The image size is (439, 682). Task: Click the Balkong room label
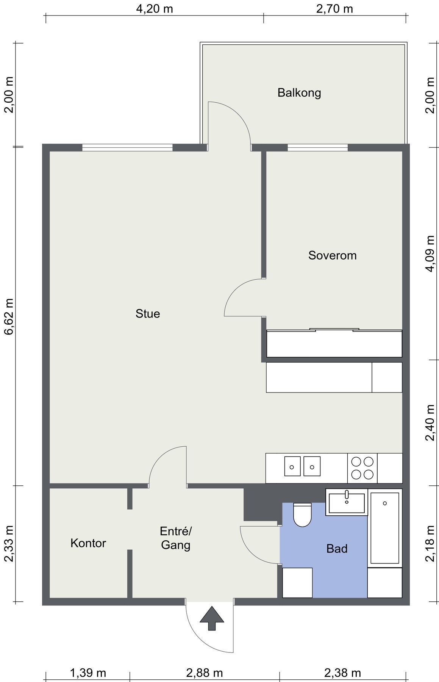tap(299, 93)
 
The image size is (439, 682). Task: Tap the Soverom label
tap(333, 255)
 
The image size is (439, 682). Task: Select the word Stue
tap(148, 314)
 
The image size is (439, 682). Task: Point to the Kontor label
tap(88, 543)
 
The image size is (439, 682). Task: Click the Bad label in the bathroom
tap(337, 549)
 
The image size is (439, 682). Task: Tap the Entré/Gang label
tap(176, 538)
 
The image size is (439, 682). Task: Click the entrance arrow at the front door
tap(212, 618)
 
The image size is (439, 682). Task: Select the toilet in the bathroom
tap(302, 515)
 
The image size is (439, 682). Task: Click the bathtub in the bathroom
tap(385, 528)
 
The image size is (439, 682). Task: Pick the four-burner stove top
tap(362, 468)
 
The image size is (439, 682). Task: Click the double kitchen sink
tap(302, 466)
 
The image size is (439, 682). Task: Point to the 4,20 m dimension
tap(155, 9)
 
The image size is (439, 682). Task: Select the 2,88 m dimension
tap(205, 673)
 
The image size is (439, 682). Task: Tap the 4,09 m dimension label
tap(430, 254)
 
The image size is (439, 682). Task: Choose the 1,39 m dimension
tap(88, 673)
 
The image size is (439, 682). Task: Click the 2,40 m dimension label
tap(430, 423)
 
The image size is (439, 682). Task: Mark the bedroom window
tap(317, 148)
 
